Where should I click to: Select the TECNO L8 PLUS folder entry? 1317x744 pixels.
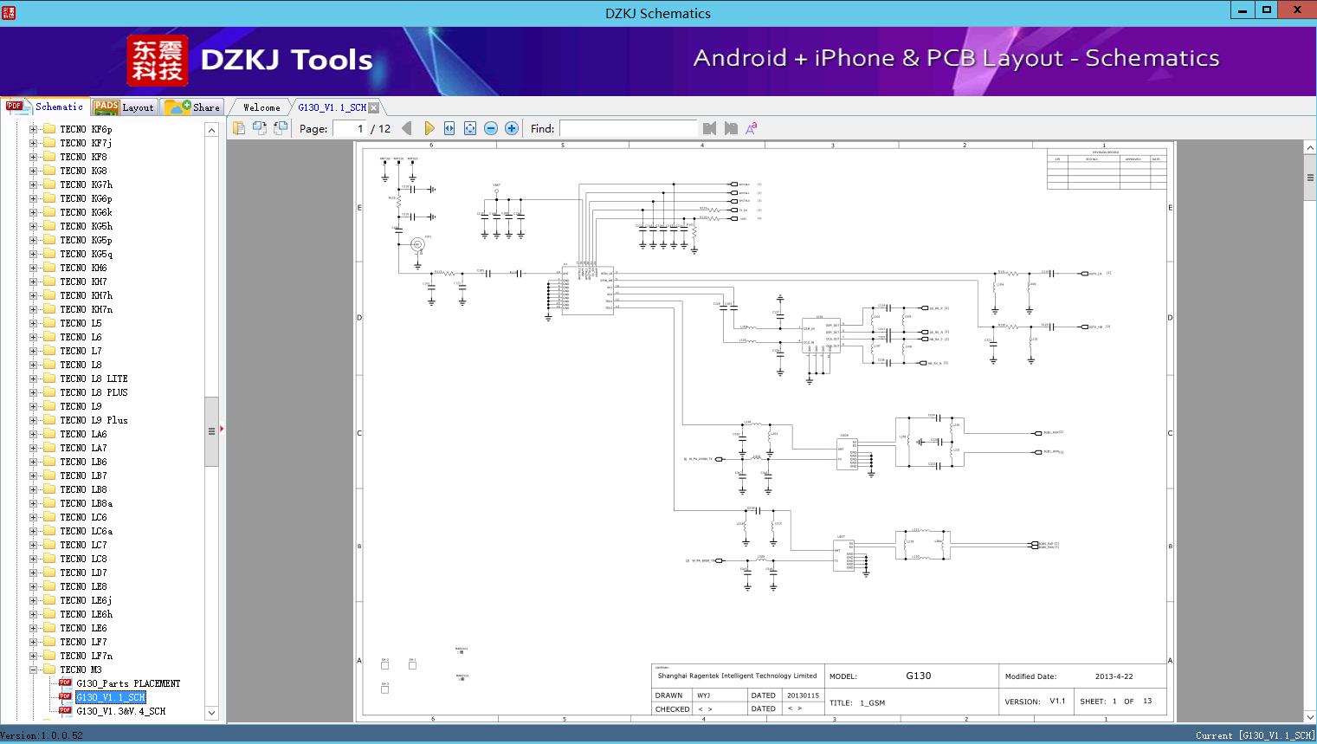(94, 392)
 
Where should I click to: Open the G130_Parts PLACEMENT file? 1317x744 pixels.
(127, 683)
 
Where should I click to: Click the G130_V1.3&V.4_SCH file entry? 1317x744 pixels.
(120, 711)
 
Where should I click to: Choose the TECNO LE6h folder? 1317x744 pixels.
(86, 614)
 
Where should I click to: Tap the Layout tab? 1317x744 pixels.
(124, 107)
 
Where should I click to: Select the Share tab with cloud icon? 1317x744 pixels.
(193, 107)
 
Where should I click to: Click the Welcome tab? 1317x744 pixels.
(261, 107)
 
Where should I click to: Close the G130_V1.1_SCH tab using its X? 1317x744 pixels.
(374, 107)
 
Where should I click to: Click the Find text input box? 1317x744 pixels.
(628, 128)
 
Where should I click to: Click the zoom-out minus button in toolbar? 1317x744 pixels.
(491, 128)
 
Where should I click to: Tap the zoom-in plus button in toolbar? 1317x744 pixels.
(512, 128)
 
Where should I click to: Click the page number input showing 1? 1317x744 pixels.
(350, 128)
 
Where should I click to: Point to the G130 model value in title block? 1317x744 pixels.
(918, 676)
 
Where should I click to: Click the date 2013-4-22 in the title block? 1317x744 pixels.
(1114, 676)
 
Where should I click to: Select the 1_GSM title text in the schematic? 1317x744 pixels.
(872, 702)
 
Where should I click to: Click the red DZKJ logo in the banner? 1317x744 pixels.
(157, 60)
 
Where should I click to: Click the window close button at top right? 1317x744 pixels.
(1297, 10)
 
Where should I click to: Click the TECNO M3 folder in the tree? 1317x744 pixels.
(81, 670)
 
